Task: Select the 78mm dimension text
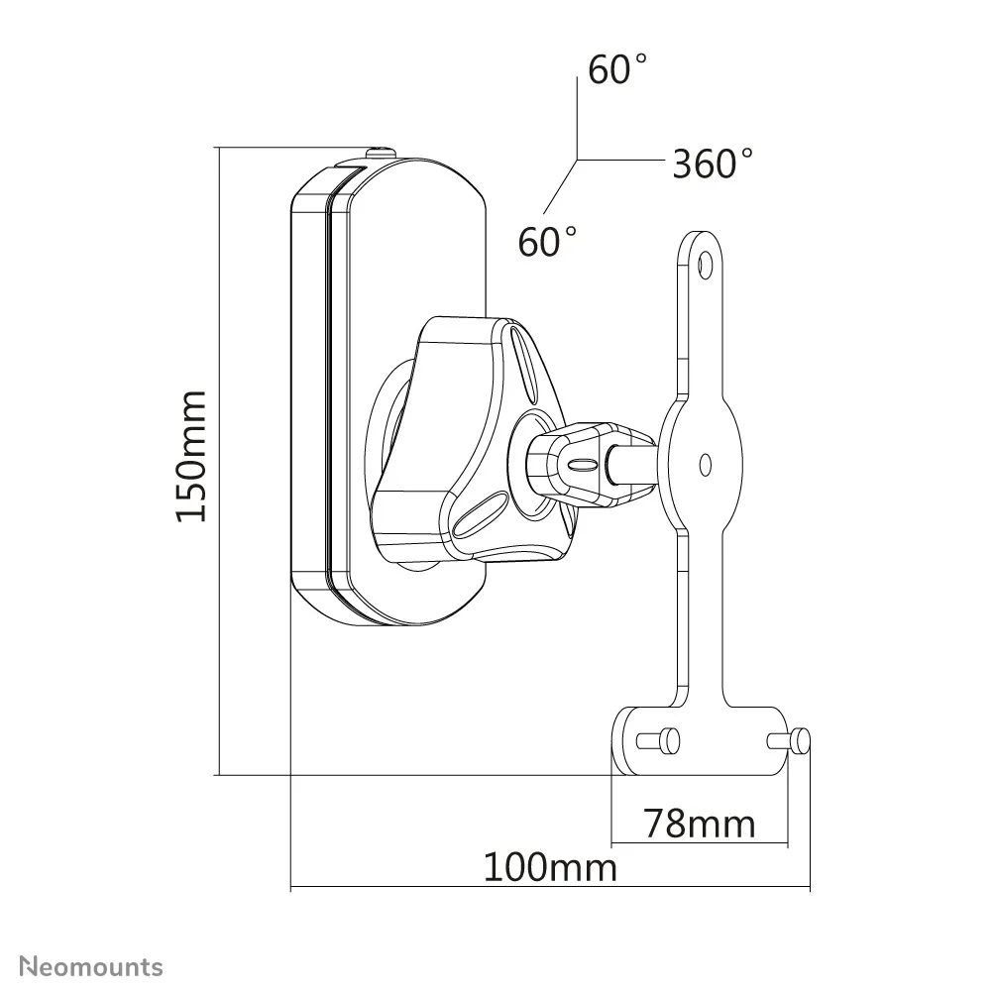[699, 823]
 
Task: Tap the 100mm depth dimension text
[550, 868]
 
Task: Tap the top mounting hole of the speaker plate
[705, 264]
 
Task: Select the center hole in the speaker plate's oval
[705, 463]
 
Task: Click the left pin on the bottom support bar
[659, 738]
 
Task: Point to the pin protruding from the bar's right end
[801, 739]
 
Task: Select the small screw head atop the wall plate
[382, 153]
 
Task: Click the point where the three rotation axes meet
[578, 160]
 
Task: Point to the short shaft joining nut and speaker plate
[634, 463]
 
